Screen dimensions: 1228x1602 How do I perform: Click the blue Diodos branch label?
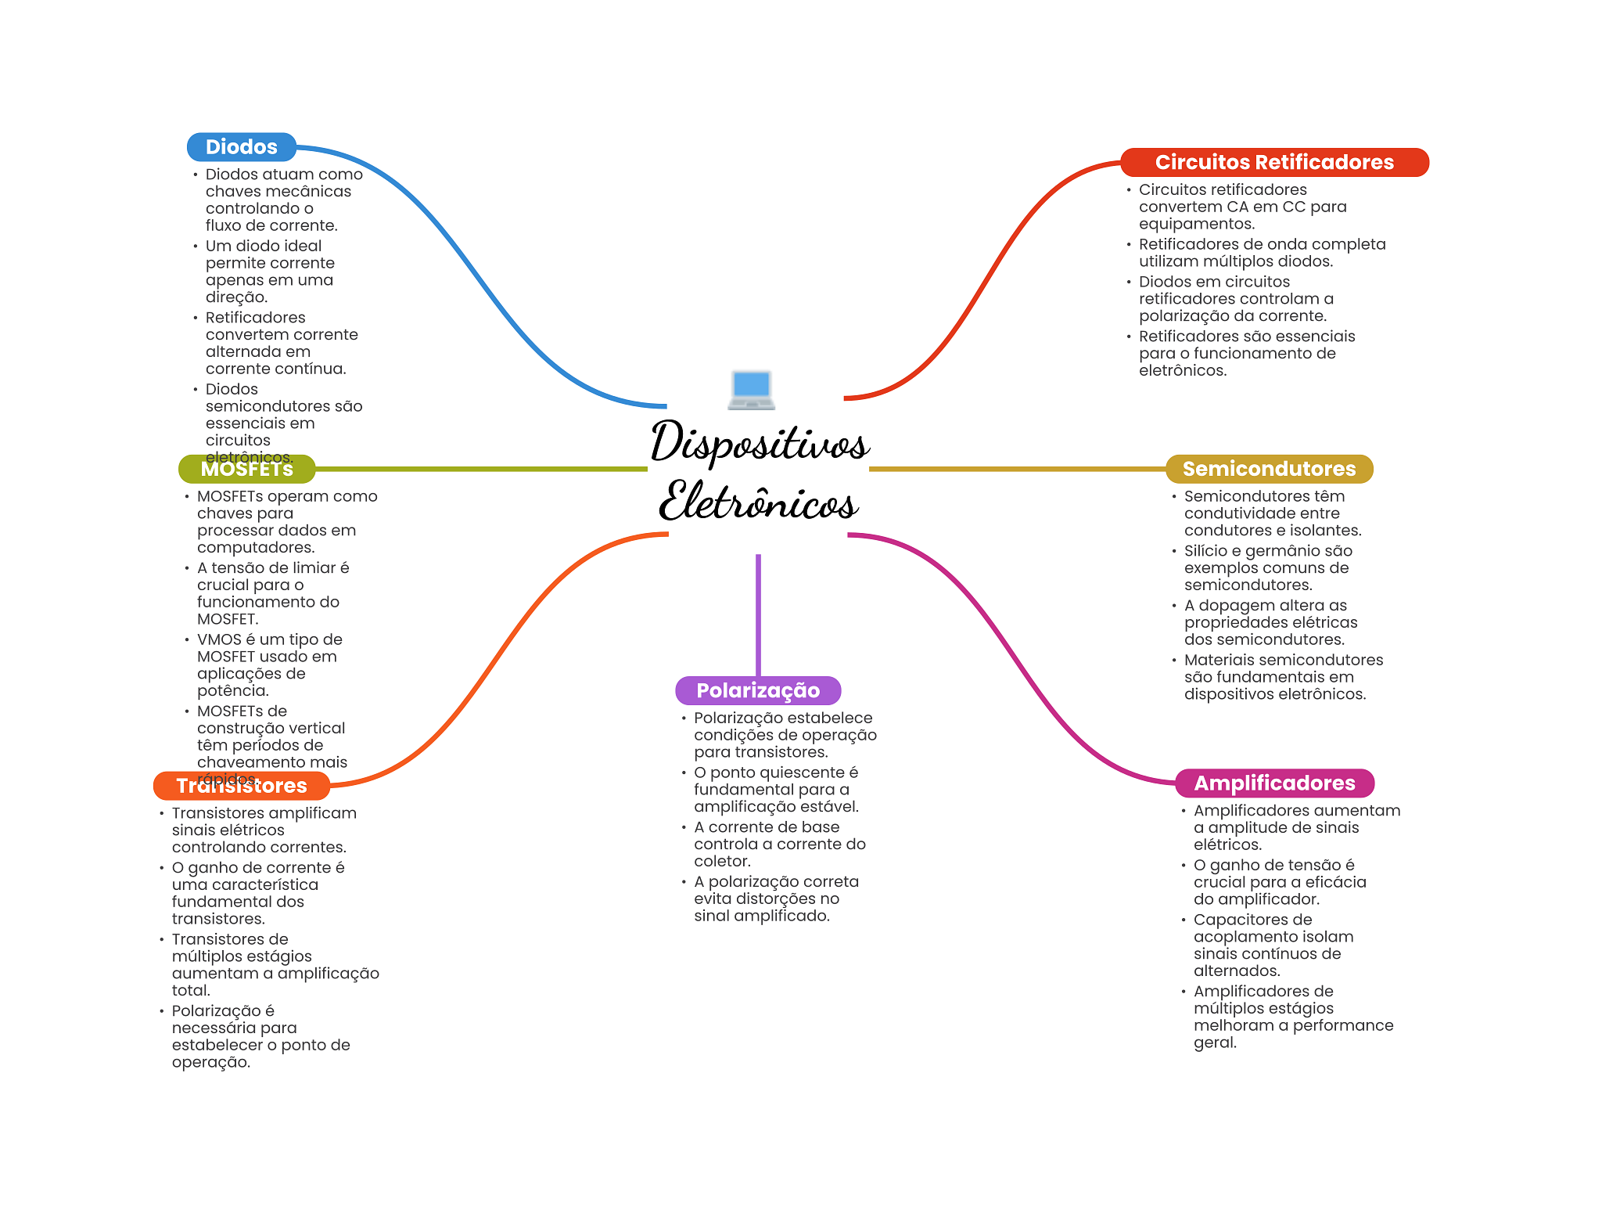(241, 147)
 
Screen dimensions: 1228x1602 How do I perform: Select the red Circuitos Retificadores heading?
(1273, 162)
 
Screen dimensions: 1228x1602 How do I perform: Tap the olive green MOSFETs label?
(246, 469)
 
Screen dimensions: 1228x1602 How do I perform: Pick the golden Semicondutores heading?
(1268, 469)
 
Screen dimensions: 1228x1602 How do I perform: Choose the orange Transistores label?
(241, 786)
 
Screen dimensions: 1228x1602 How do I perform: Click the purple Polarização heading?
(757, 690)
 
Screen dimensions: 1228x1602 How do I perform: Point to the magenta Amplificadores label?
(1273, 783)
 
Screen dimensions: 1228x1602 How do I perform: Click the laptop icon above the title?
(751, 390)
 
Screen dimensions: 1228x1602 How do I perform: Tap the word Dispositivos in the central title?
(759, 442)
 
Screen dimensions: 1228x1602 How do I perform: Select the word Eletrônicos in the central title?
(759, 501)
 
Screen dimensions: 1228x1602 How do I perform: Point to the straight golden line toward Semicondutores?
(1017, 469)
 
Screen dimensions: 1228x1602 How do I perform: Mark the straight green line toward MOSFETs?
(481, 469)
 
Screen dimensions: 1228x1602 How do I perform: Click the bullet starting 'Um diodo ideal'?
(270, 272)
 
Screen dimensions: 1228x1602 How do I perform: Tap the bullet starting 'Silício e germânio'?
(1267, 567)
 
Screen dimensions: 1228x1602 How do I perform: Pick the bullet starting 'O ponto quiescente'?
(776, 790)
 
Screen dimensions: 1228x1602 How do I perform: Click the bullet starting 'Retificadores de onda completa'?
(1261, 253)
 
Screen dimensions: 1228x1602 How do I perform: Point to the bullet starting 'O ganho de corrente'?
(258, 893)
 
